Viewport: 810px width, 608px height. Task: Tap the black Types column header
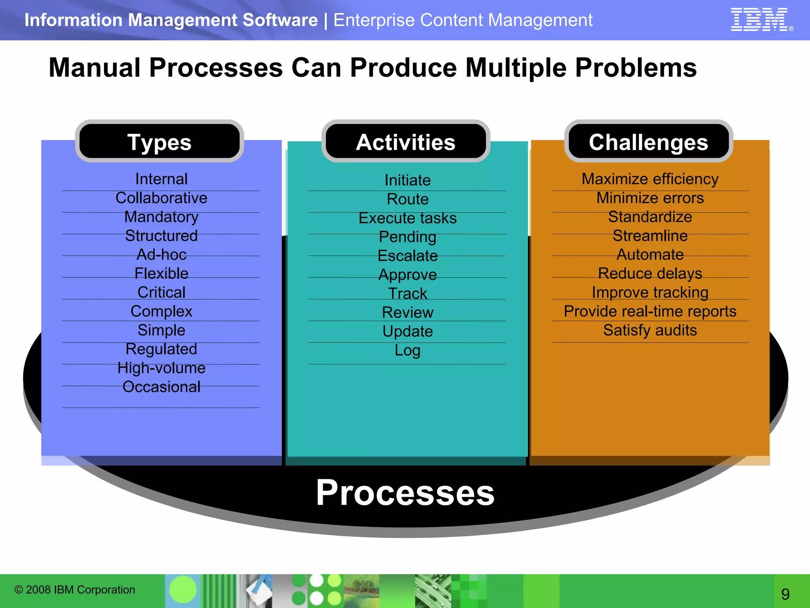pos(159,142)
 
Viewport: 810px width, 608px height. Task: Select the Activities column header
pos(405,142)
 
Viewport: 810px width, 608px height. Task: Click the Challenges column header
pos(648,142)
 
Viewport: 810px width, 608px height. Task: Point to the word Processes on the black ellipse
pos(405,492)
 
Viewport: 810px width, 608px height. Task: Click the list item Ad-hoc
pos(161,255)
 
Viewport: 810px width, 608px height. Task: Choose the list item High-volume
pos(161,368)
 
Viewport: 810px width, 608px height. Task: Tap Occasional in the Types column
pos(161,387)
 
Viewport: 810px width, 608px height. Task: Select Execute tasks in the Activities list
pos(407,218)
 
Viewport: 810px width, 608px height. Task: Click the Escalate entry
pos(407,256)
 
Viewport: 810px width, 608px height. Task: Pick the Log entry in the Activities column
pos(407,350)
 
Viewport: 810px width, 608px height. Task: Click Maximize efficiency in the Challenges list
pos(650,179)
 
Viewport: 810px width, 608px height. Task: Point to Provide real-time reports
pos(650,311)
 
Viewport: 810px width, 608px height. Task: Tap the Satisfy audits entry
pos(650,330)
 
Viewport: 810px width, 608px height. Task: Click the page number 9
pos(785,594)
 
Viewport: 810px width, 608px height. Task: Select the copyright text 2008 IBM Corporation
pos(75,589)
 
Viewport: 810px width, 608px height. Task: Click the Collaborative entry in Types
pos(161,198)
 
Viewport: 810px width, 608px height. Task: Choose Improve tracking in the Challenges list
pos(650,292)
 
